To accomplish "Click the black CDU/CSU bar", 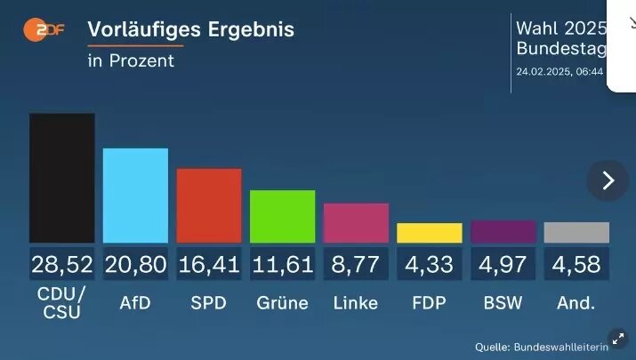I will (x=62, y=178).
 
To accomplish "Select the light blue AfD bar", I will (x=135, y=196).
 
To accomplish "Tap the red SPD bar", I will (x=209, y=205).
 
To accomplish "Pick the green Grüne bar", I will (x=282, y=216).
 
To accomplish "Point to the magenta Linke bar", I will (x=356, y=222).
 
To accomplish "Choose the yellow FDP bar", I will (x=430, y=233).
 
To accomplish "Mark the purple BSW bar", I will (x=503, y=232).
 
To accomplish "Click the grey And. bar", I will (x=576, y=233).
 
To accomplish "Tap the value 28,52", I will (x=62, y=263).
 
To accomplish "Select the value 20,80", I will (x=135, y=263).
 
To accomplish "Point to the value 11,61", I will (x=282, y=263).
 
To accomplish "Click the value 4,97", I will (x=503, y=263).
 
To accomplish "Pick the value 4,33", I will (x=430, y=263).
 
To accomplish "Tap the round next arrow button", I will (x=608, y=180).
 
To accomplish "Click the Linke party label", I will (x=356, y=303).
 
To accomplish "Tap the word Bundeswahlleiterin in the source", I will (x=574, y=347).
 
